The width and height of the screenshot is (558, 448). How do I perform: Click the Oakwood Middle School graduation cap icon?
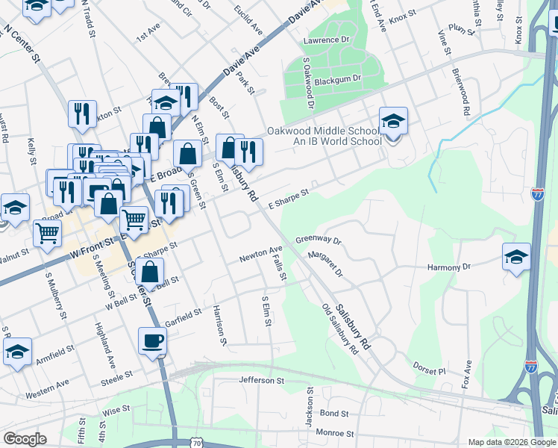pyautogui.click(x=394, y=119)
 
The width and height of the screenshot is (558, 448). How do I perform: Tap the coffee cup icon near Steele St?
pyautogui.click(x=154, y=340)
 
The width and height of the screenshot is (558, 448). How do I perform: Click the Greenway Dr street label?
pyautogui.click(x=318, y=240)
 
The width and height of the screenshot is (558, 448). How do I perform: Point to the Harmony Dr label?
pyautogui.click(x=449, y=267)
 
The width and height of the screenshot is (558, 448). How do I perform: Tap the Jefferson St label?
pyautogui.click(x=262, y=381)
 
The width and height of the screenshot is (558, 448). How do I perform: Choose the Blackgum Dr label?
pyautogui.click(x=337, y=78)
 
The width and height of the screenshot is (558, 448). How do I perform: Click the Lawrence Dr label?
pyautogui.click(x=326, y=40)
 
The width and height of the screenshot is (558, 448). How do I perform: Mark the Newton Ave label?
pyautogui.click(x=261, y=254)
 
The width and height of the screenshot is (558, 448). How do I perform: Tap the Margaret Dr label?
pyautogui.click(x=325, y=265)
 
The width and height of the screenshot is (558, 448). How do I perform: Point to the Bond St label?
pyautogui.click(x=333, y=413)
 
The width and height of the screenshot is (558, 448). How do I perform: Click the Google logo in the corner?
pyautogui.click(x=25, y=440)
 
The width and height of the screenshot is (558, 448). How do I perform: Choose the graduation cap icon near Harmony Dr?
pyautogui.click(x=516, y=257)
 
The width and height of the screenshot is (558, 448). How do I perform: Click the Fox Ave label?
pyautogui.click(x=467, y=374)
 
